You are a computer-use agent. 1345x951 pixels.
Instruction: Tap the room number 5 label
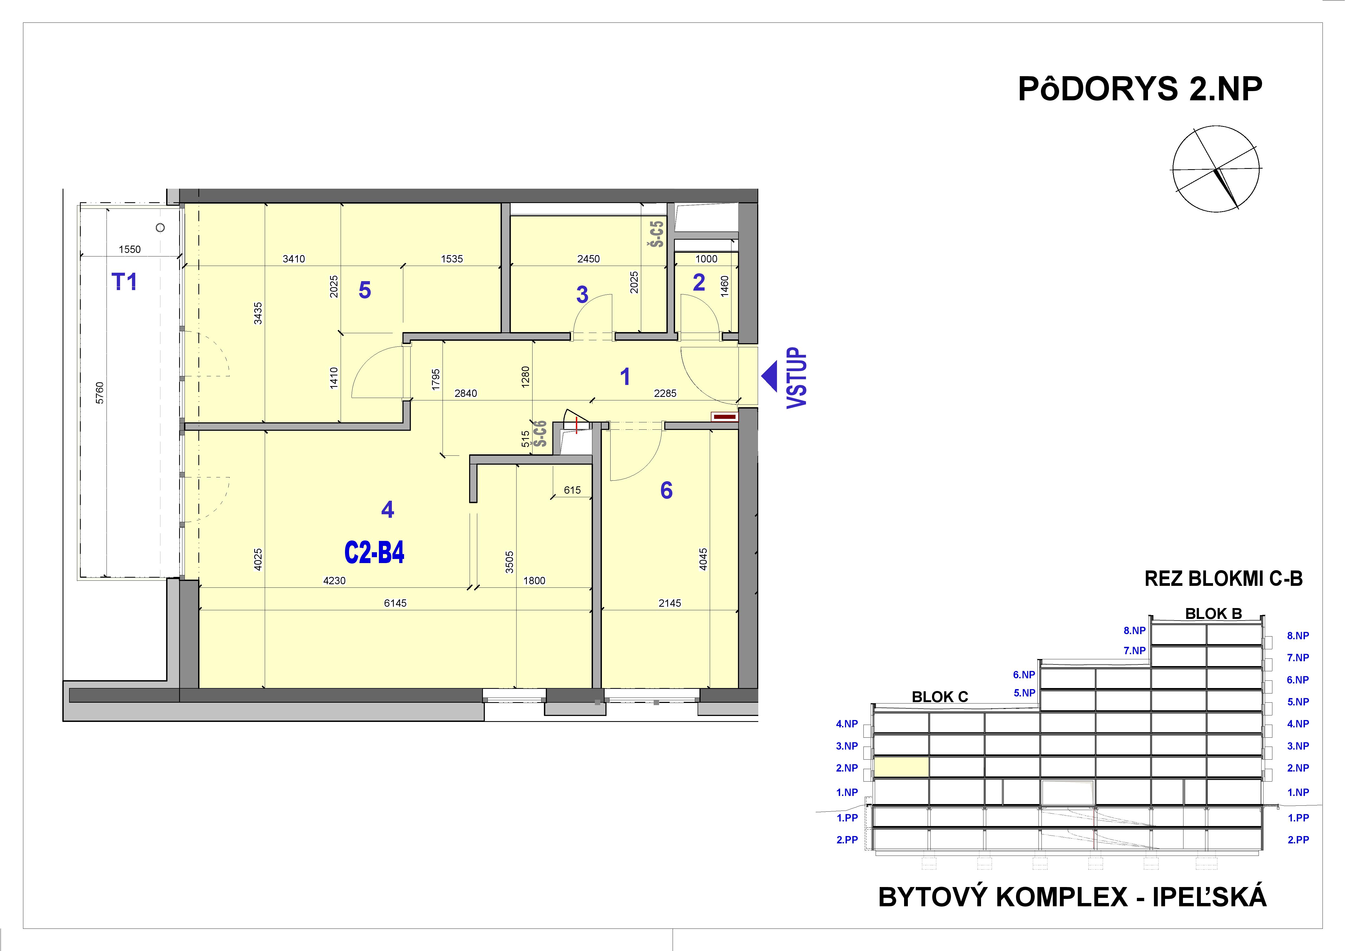pos(365,290)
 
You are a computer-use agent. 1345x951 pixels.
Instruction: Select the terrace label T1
pos(124,282)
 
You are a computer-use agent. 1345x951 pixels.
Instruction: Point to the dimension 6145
pos(395,603)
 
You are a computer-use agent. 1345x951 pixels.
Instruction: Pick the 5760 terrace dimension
pos(99,393)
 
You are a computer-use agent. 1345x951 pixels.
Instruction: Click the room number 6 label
pos(666,490)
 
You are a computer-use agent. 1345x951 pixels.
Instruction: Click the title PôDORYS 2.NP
pos(1139,90)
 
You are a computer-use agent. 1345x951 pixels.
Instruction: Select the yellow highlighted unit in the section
pos(901,767)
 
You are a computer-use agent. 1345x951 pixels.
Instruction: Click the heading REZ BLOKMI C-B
pos(1223,579)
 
